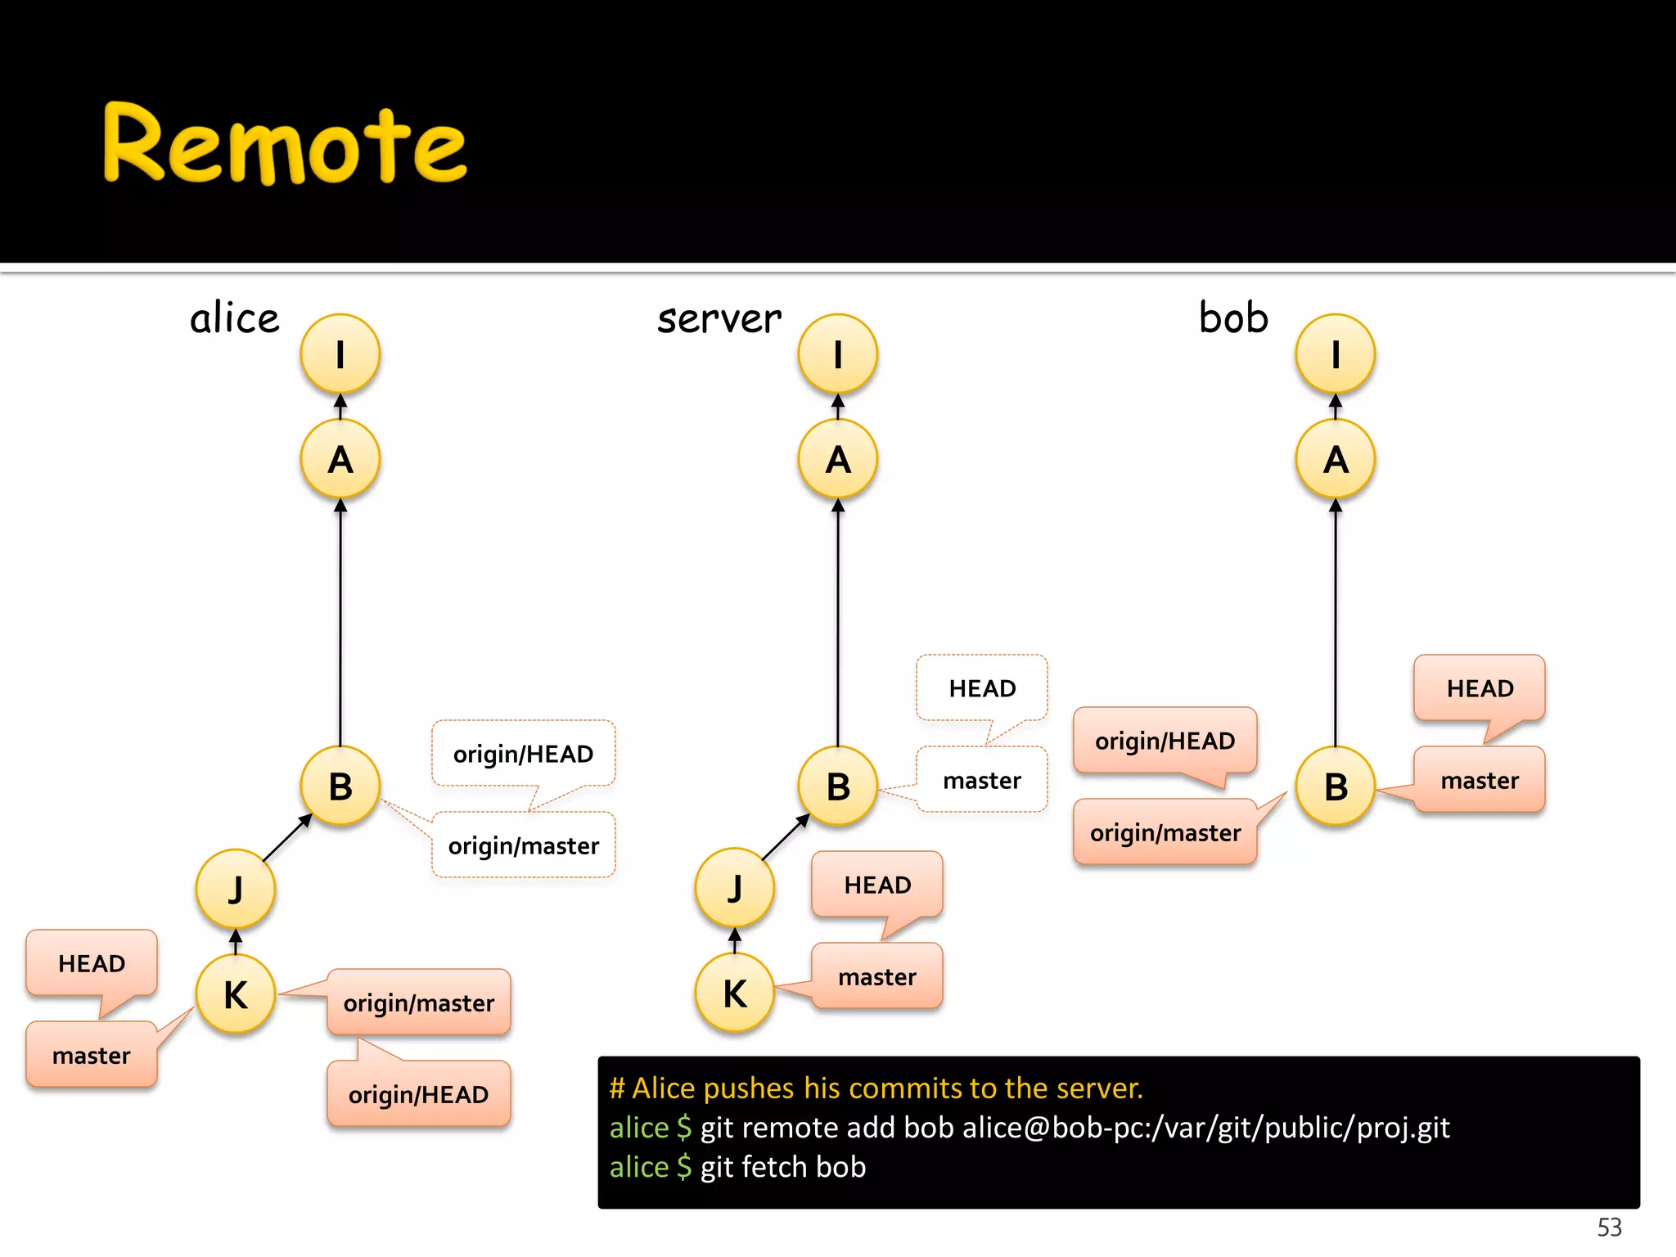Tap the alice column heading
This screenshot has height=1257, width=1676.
coord(235,318)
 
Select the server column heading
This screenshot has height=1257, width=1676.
coord(719,318)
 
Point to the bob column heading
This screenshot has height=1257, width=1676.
coord(1233,318)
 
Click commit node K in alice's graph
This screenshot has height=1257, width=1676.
coord(236,994)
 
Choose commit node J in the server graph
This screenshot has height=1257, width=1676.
coord(734,888)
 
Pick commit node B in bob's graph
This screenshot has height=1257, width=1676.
coord(1336,786)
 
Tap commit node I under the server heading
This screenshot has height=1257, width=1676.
coord(838,354)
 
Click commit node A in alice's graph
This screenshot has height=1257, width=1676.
coord(340,459)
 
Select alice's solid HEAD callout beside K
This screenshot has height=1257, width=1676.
coord(92,963)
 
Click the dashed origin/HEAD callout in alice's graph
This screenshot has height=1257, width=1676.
coord(523,754)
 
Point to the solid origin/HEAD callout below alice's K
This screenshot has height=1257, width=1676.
coord(418,1094)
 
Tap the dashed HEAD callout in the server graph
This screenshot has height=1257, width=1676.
coord(982,688)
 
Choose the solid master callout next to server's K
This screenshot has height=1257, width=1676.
coord(877,976)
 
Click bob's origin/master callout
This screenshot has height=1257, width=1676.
coord(1165,832)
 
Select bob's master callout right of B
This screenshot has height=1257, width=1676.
coord(1480,780)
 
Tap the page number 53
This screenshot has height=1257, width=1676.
coord(1609,1227)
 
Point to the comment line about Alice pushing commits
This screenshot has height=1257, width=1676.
coord(876,1088)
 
